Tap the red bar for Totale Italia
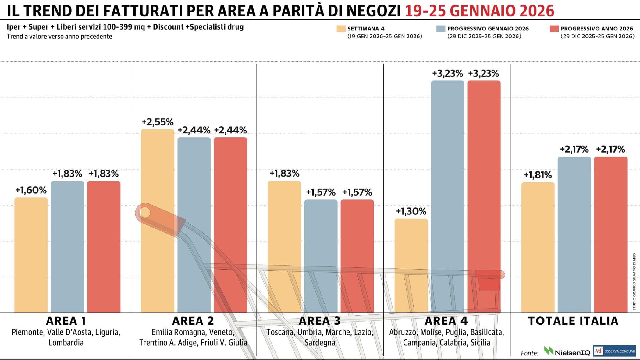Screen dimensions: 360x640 coord(610,235)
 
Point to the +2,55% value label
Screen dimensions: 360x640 coord(158,122)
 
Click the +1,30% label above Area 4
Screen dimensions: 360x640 coord(411,211)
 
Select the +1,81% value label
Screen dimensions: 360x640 coord(538,175)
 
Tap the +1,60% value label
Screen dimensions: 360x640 coord(31,190)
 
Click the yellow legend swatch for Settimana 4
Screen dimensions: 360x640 coord(341,29)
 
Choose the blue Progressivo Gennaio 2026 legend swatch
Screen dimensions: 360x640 coord(441,29)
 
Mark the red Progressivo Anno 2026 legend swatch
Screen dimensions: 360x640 coord(554,29)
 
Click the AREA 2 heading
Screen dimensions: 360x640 coord(193,321)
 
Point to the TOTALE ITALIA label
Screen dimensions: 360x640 coord(573,321)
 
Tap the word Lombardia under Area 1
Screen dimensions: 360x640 coord(66,343)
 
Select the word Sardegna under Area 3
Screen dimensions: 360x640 coord(320,343)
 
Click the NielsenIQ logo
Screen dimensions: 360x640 coord(567,351)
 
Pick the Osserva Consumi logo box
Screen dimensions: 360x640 coord(614,351)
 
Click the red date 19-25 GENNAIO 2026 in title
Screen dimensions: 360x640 coord(479,11)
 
